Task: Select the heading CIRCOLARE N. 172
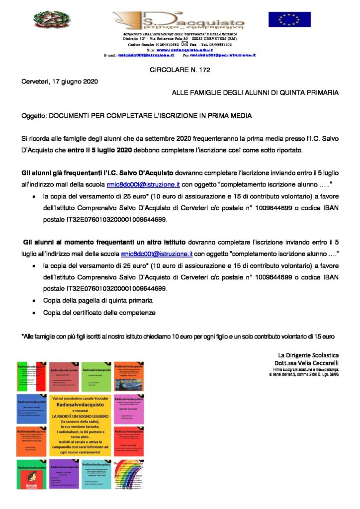click(180, 70)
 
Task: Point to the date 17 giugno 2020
click(76, 81)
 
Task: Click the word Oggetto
click(33, 116)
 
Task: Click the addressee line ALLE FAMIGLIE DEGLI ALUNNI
click(255, 92)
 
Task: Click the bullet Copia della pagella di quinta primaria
click(97, 301)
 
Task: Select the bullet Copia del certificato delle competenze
click(99, 313)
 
